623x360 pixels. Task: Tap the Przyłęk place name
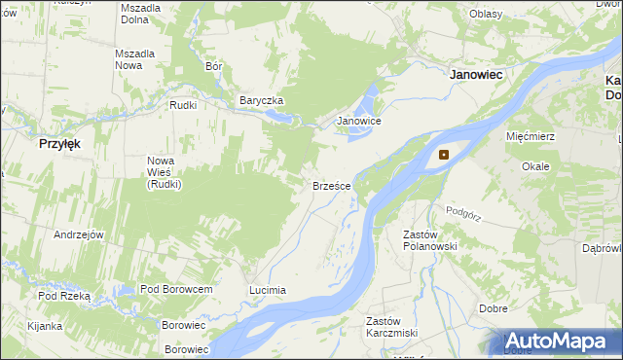tap(59, 142)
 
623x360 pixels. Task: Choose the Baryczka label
tap(261, 100)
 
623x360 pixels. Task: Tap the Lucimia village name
tap(268, 290)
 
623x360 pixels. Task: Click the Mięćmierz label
tap(531, 136)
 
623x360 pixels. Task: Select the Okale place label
tap(535, 166)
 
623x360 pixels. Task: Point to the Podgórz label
tap(464, 210)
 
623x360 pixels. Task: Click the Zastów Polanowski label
tap(429, 240)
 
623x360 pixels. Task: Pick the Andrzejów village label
tap(79, 234)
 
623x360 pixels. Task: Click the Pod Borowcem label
tap(176, 290)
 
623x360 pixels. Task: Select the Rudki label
tap(183, 105)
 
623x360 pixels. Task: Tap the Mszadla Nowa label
tap(135, 58)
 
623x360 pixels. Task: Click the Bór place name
tap(215, 67)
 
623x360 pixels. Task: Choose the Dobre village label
tap(494, 308)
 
